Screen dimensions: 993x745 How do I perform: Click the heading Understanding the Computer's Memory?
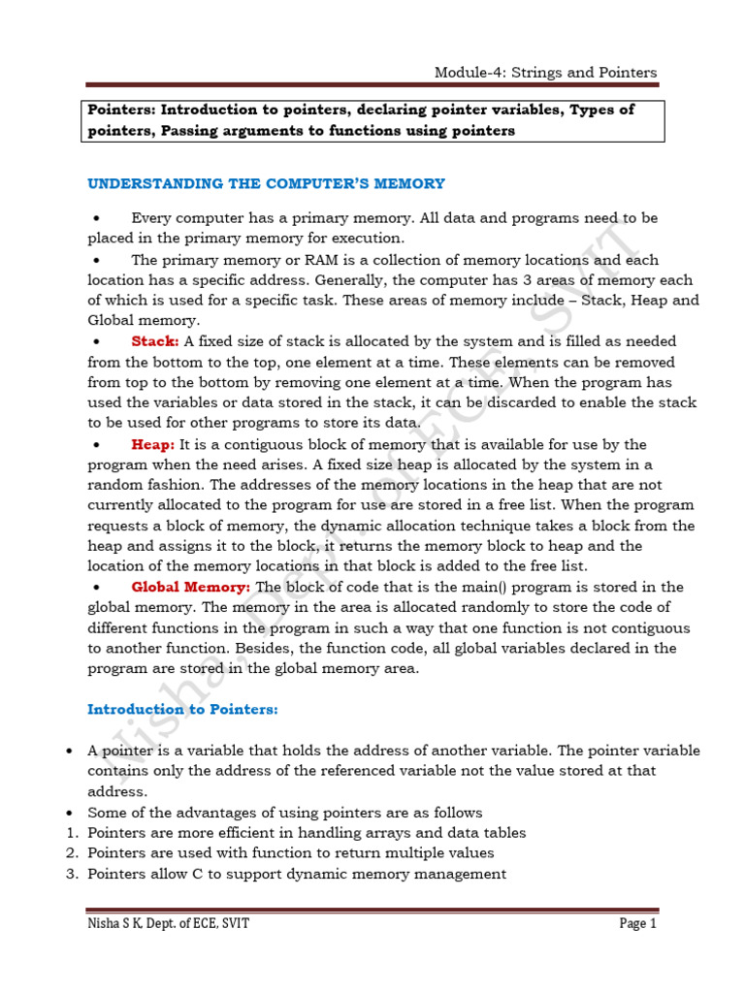[x=266, y=183]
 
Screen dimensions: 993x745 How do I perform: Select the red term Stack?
[x=155, y=341]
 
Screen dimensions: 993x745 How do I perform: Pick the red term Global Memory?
[x=191, y=587]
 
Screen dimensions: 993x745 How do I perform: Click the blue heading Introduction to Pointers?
[x=182, y=709]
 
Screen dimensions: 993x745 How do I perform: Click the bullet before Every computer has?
[x=96, y=219]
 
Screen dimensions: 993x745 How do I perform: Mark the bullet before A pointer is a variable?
[x=69, y=752]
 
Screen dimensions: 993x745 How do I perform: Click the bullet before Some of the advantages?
[x=69, y=812]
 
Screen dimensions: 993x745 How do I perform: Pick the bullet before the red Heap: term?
[x=96, y=445]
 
